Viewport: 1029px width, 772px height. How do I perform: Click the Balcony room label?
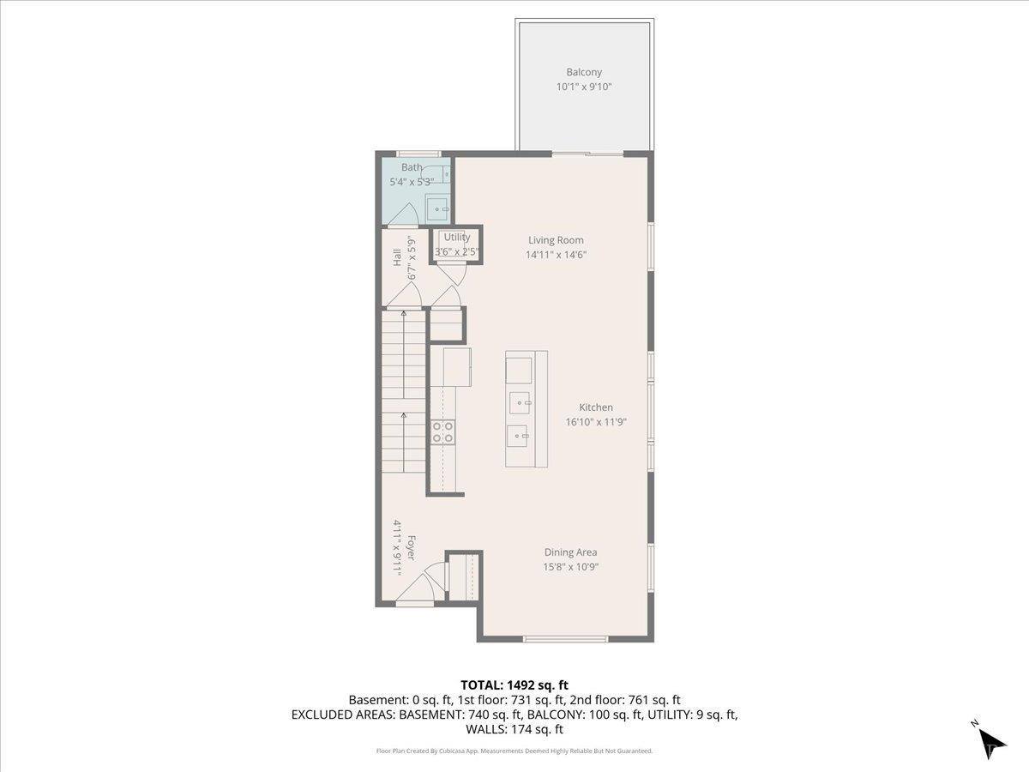(583, 72)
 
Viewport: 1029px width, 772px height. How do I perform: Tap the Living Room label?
(556, 240)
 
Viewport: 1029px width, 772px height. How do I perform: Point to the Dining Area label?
(570, 552)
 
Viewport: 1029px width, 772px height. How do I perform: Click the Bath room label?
(412, 167)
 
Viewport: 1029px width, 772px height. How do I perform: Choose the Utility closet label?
(456, 237)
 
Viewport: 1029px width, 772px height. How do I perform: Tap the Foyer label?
(412, 549)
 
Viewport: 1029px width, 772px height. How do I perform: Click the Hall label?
(397, 257)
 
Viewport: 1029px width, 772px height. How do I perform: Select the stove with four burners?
(442, 431)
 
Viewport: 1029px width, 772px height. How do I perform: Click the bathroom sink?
(439, 208)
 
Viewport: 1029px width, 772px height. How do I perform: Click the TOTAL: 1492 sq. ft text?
(514, 685)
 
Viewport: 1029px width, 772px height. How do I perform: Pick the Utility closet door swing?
(451, 273)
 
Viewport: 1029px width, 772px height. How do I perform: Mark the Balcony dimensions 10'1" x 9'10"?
(583, 87)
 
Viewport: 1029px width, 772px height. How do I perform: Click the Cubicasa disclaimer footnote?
(514, 751)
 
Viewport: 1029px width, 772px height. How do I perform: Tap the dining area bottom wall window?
(566, 638)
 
